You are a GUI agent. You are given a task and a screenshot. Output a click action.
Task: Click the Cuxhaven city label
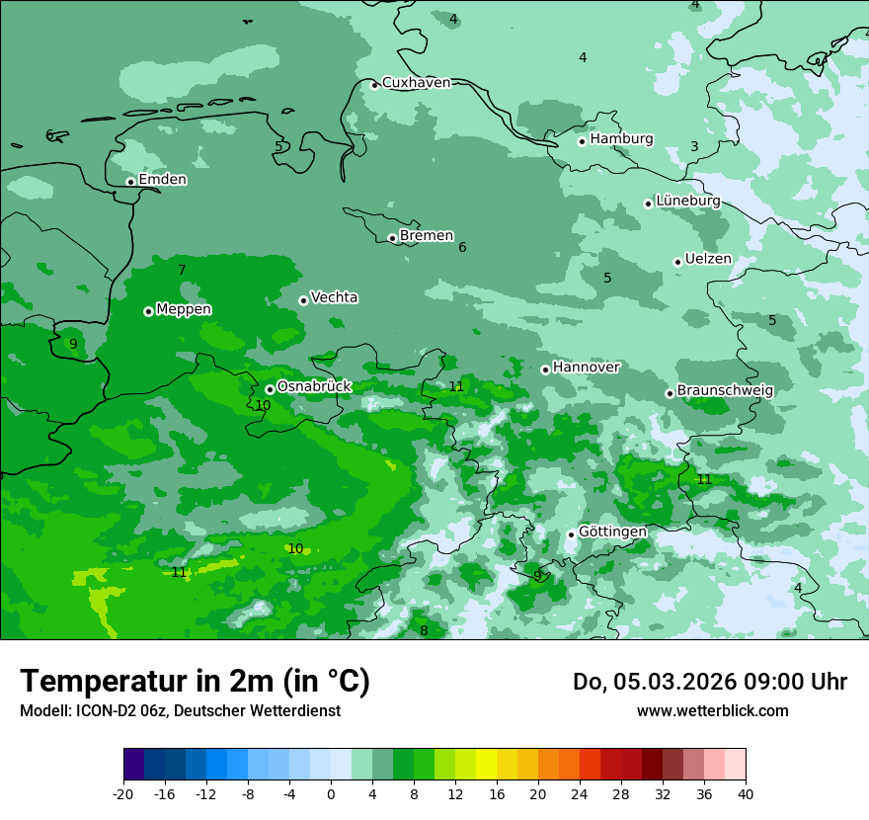[x=416, y=83]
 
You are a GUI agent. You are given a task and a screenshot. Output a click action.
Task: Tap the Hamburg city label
[x=621, y=139]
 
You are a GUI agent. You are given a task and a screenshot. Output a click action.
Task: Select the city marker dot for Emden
[x=130, y=182]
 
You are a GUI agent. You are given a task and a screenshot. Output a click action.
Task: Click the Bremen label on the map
[x=426, y=236]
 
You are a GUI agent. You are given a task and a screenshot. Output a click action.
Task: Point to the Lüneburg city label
[x=687, y=201]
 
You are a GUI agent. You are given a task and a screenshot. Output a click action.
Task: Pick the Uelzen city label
[x=708, y=259]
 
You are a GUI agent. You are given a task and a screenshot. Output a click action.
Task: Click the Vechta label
[x=334, y=297]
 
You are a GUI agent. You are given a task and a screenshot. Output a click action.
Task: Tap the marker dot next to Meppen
[x=148, y=311]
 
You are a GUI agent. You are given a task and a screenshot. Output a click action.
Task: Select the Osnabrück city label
[x=314, y=387]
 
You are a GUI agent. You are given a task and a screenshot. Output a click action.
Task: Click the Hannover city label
[x=586, y=368]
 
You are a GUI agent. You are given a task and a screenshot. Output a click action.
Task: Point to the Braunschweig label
[x=725, y=391]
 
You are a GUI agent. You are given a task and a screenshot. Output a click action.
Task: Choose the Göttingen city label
[x=612, y=533]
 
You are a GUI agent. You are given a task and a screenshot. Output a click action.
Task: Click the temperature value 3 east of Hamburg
[x=694, y=147]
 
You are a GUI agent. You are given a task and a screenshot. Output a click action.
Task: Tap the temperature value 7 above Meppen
[x=182, y=270]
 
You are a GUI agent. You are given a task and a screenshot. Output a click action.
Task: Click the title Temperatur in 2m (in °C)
[x=195, y=682]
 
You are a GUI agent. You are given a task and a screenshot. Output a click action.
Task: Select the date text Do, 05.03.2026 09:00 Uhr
[x=709, y=682]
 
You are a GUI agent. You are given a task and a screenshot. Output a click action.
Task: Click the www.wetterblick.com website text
[x=712, y=711]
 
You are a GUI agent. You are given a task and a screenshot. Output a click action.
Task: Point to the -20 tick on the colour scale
[x=123, y=794]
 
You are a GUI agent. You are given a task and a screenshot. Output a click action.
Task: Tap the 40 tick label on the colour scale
[x=745, y=794]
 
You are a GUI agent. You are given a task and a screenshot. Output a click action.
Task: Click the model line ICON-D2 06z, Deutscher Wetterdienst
[x=180, y=711]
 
